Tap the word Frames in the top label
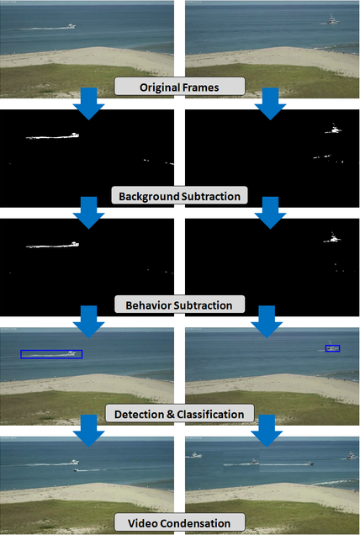[199, 87]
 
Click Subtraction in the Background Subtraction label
[211, 197]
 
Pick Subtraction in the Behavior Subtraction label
[203, 305]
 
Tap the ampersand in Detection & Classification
[170, 414]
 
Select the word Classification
[210, 414]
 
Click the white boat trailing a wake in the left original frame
[71, 26]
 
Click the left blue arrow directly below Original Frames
[88, 103]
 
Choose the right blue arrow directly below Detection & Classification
[267, 431]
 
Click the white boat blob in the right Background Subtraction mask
[334, 130]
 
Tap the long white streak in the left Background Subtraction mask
[52, 136]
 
